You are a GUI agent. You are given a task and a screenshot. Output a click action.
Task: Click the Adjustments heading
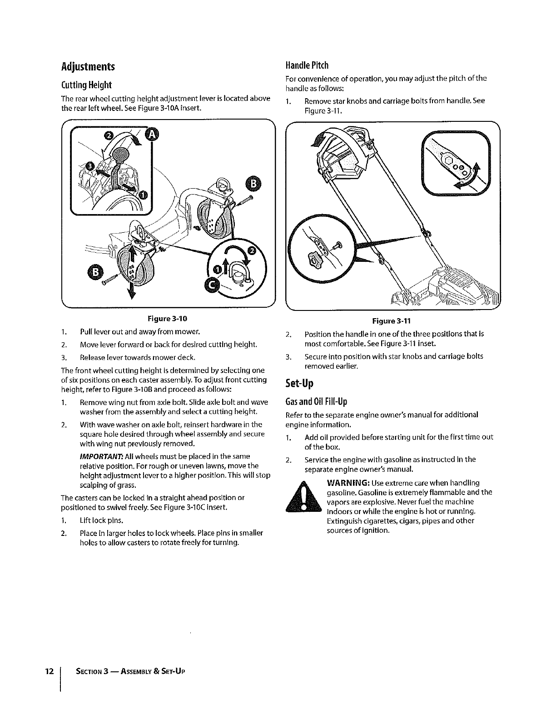[88, 67]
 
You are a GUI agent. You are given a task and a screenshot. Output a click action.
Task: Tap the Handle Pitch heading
[307, 65]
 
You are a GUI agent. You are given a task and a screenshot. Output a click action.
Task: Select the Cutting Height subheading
[86, 85]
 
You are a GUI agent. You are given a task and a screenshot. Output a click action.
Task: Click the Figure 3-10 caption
[167, 319]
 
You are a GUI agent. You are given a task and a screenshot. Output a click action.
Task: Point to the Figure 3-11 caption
[392, 321]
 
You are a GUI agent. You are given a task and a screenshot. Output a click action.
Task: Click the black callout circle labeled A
[152, 135]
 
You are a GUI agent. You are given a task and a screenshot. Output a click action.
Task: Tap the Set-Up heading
[299, 383]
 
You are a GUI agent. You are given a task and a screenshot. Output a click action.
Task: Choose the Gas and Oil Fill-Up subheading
[316, 402]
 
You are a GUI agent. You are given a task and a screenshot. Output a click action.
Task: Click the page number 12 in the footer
[50, 671]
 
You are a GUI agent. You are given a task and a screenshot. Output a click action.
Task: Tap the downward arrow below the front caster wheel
[132, 285]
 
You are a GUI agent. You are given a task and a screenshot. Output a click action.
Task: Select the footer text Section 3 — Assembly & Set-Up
[130, 672]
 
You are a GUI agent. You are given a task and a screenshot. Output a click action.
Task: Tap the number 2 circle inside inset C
[252, 251]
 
